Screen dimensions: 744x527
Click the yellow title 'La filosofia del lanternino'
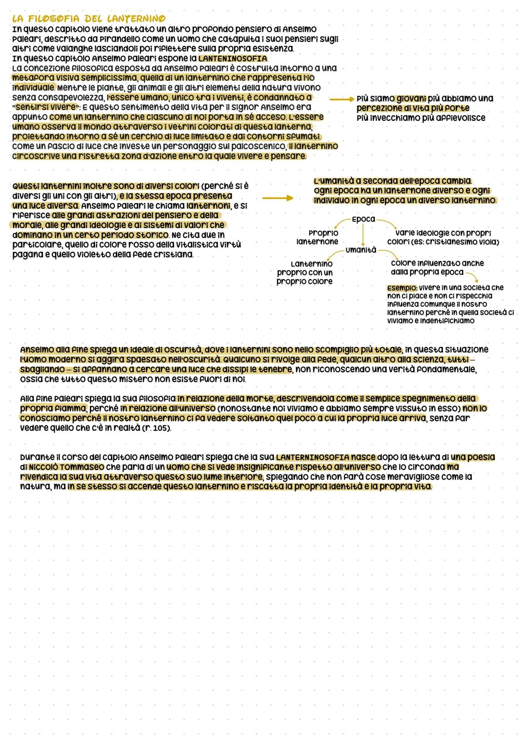(x=88, y=19)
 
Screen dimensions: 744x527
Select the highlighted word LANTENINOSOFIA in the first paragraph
(x=232, y=59)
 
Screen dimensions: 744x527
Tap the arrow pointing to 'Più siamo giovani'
(x=341, y=99)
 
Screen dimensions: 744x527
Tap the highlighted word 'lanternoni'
(x=209, y=206)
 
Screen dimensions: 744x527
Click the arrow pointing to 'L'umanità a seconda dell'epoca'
(x=278, y=198)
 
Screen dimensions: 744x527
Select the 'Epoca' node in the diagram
(x=363, y=220)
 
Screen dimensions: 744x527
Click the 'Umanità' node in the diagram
(x=361, y=250)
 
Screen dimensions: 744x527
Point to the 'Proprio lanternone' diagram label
(x=318, y=237)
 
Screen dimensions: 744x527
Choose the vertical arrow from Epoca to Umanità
(x=363, y=235)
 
